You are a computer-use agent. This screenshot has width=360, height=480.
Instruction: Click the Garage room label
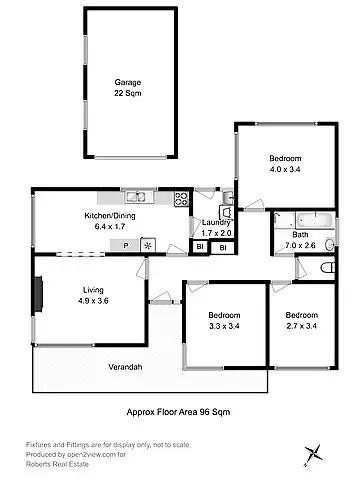(x=127, y=83)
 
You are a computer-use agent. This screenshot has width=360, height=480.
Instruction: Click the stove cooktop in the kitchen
(x=182, y=197)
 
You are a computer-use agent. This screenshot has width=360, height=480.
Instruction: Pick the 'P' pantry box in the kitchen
(x=126, y=244)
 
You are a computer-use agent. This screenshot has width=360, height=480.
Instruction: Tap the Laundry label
(x=217, y=223)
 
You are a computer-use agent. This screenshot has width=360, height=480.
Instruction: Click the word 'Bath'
(x=300, y=234)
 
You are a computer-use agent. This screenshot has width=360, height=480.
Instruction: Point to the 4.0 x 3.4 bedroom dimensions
(x=285, y=171)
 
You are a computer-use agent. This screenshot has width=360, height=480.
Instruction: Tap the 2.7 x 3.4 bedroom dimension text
(x=301, y=325)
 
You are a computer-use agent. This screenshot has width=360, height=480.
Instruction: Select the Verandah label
(x=126, y=367)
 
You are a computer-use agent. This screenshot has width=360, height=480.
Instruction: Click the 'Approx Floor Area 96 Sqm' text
(x=179, y=410)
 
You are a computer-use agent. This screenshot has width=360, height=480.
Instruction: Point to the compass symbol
(x=315, y=453)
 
